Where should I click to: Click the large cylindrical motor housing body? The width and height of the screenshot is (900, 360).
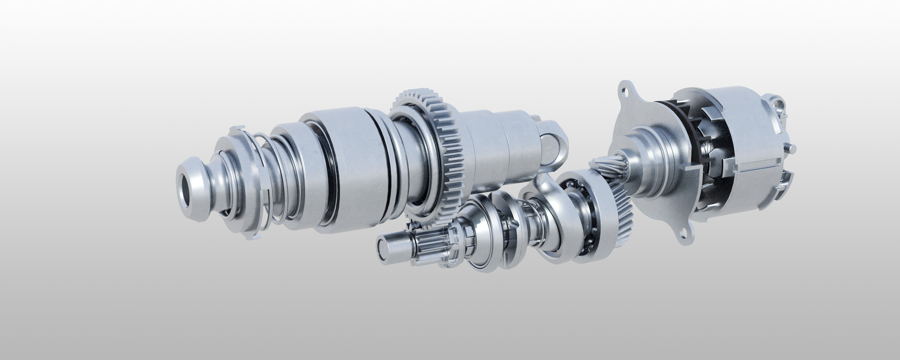pyautogui.click(x=738, y=144)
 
